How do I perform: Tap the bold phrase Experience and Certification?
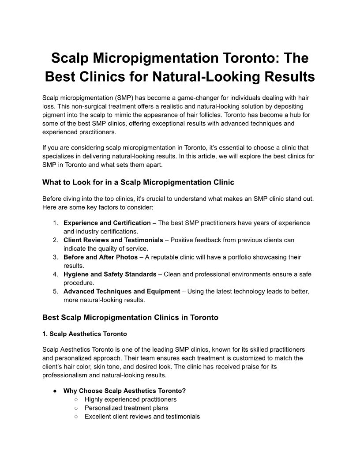point(107,223)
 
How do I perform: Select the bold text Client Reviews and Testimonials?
point(113,240)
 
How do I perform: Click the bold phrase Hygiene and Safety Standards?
point(110,274)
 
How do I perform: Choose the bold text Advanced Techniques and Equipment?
point(122,291)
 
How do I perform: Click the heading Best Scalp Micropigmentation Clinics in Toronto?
point(130,317)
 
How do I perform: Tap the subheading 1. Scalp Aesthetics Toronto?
point(85,334)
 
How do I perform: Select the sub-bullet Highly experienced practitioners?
point(131,399)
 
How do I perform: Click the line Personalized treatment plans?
point(126,408)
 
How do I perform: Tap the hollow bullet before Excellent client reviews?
point(76,416)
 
